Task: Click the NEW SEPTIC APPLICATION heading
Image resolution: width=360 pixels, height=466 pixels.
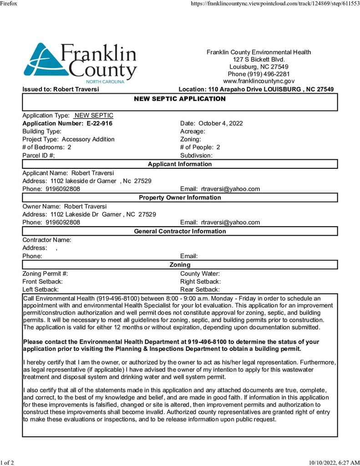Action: tap(180, 99)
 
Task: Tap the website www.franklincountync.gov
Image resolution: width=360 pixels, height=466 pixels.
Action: tap(259, 81)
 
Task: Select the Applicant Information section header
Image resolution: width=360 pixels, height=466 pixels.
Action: tap(180, 164)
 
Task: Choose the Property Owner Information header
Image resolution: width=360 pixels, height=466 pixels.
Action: tap(180, 198)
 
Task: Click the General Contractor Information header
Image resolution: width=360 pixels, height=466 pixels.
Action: tap(180, 231)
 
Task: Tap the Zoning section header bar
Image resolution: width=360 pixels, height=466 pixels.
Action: tap(180, 264)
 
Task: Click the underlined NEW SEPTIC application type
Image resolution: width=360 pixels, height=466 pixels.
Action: tap(94, 116)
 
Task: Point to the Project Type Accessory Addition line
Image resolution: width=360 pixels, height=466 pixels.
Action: tap(68, 139)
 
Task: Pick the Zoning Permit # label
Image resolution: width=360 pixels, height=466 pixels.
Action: tap(45, 274)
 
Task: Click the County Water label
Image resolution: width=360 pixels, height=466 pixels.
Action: tap(200, 274)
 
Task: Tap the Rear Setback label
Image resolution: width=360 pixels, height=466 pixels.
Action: tap(200, 289)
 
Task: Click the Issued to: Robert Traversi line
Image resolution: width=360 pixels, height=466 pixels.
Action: tap(61, 89)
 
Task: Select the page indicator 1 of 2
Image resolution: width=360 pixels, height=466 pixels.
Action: tap(7, 462)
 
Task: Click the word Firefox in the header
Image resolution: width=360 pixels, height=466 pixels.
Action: tap(9, 3)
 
